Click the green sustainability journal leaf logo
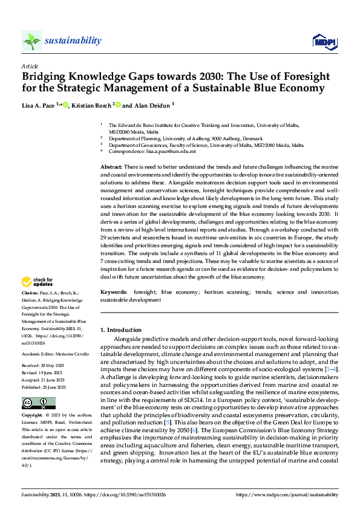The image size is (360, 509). (31, 41)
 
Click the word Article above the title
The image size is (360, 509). (30, 65)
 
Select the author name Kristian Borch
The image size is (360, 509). (87, 105)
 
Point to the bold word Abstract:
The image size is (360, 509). (111, 166)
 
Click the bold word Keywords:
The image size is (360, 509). (114, 291)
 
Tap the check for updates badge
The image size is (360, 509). (38, 282)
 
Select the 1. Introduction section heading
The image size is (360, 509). (120, 329)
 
